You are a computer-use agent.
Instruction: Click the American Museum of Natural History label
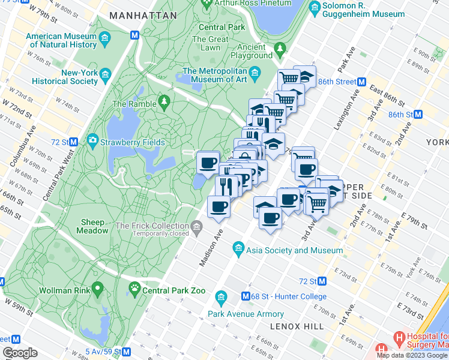coord(61,40)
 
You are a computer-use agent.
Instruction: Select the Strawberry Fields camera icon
coord(92,141)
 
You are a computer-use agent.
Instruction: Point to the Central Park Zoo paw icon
coord(133,290)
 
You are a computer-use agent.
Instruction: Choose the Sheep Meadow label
coord(93,226)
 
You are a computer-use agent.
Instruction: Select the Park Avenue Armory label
coord(246,313)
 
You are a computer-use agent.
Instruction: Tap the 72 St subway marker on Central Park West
coord(73,142)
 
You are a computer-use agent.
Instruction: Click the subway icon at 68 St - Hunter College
coord(246,296)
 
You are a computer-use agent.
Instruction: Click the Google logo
coord(20,353)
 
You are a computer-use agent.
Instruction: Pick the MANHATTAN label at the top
coord(143,15)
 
